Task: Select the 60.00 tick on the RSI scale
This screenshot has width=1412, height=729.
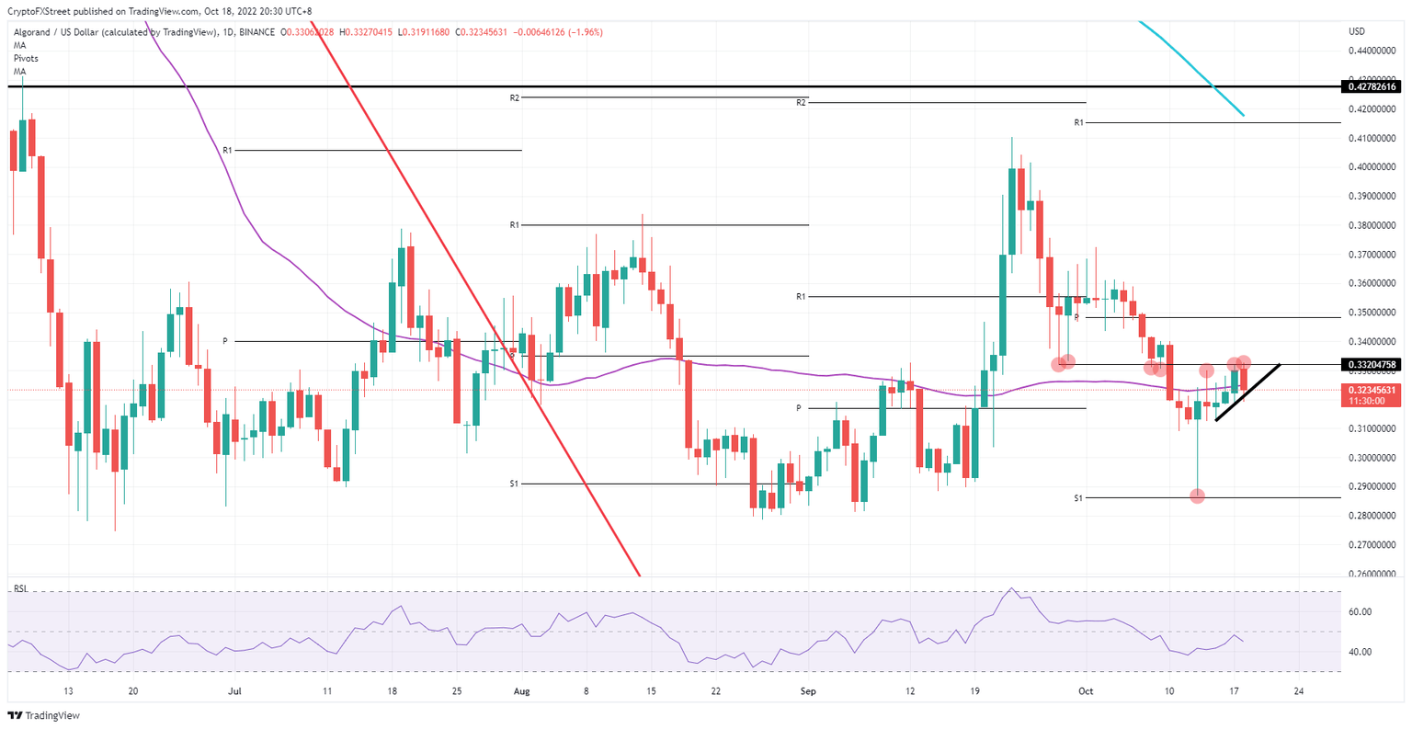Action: tap(1361, 611)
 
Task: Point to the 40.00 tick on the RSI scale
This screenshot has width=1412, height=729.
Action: tap(1361, 652)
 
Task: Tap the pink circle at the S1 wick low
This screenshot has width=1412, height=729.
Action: tap(1197, 496)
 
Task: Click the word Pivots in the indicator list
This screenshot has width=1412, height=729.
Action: tap(26, 58)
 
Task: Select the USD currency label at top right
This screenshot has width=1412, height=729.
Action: tap(1357, 31)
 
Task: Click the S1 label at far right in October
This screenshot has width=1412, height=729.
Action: tap(1078, 498)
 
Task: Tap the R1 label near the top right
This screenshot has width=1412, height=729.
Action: tap(1079, 122)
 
